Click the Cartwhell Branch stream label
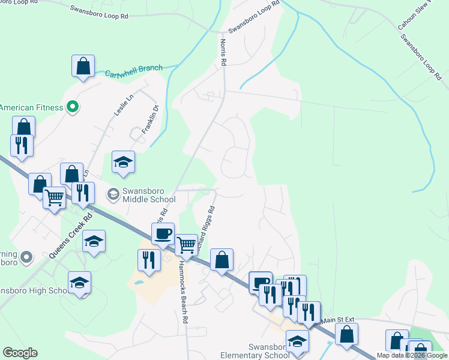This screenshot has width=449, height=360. [133, 71]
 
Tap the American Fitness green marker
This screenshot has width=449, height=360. [73, 107]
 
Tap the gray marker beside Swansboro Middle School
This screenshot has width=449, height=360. [113, 194]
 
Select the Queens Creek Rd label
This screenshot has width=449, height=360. [70, 235]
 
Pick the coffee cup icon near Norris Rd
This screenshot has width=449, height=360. [163, 233]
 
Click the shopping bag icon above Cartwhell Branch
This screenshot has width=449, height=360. [83, 66]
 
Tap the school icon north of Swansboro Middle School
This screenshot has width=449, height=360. [124, 161]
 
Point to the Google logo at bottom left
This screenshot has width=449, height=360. [20, 353]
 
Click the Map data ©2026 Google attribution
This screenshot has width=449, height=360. [412, 356]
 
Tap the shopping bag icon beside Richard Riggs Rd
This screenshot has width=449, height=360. [221, 260]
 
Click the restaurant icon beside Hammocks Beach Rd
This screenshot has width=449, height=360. [148, 260]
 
